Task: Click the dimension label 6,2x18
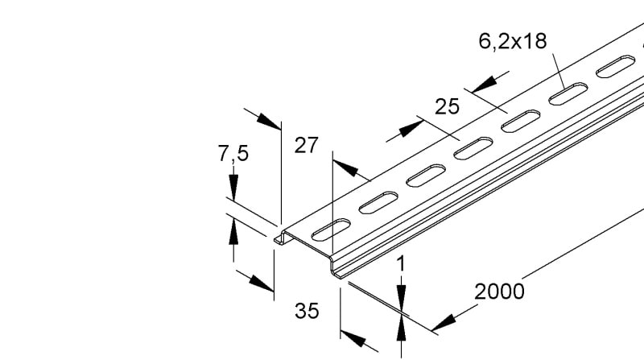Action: [x=513, y=42]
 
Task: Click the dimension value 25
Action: [x=447, y=107]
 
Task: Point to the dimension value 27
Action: [x=307, y=146]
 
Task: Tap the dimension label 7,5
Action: [x=233, y=154]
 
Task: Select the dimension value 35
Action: [x=307, y=311]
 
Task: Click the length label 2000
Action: [x=499, y=292]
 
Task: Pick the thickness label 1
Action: [x=401, y=264]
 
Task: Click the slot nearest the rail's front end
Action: [x=331, y=230]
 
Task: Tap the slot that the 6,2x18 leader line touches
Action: [x=568, y=93]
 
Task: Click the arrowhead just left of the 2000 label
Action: [x=444, y=323]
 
